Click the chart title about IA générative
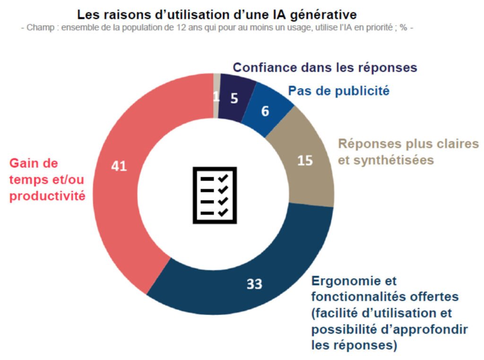pos(217,14)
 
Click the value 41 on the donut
pos(119,166)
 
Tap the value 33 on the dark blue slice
pos(254,284)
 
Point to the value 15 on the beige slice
pos(305,160)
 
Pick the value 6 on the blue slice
pos(265,111)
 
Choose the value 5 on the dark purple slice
pos(234,98)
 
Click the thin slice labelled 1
pos(216,97)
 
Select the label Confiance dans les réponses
pos(325,68)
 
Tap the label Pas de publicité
pos(338,91)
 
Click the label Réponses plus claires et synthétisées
pos(386,152)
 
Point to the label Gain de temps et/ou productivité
pos(47,179)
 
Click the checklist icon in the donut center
pos(214,195)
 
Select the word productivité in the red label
pos(47,196)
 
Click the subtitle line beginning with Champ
pos(217,28)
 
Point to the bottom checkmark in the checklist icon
pos(223,211)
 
